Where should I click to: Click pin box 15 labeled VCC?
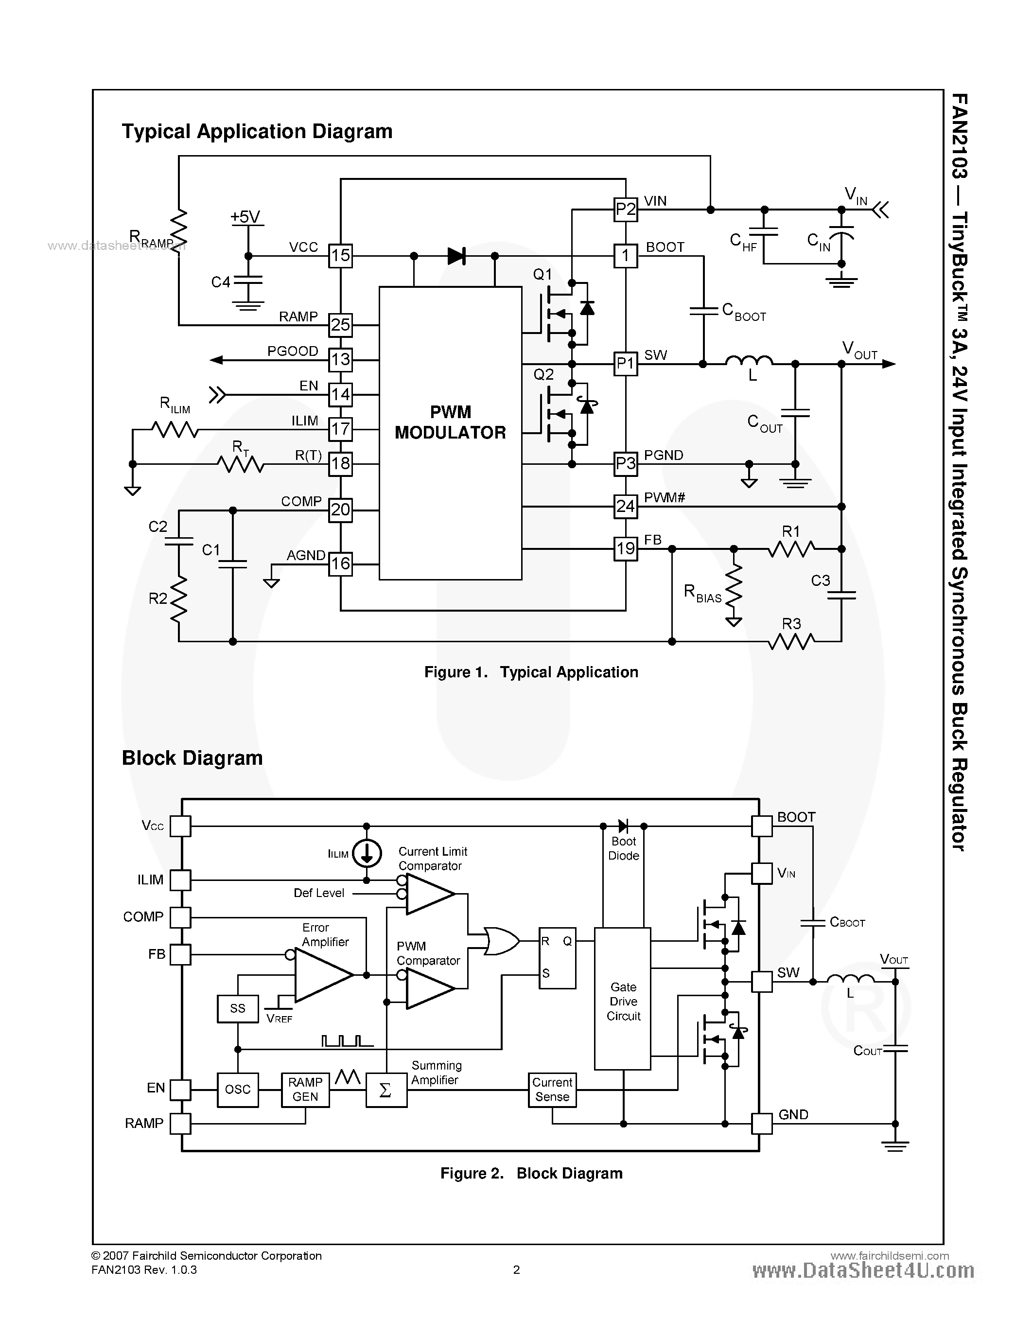(340, 255)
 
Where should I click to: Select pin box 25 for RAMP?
(340, 324)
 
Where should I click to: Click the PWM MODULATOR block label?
(451, 422)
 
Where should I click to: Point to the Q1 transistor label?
(542, 274)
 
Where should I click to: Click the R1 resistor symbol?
(791, 549)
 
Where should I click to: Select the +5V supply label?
(245, 217)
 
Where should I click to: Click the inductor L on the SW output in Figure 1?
(749, 362)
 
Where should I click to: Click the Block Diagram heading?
(192, 758)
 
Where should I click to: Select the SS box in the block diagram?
(237, 1008)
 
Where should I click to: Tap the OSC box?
(237, 1089)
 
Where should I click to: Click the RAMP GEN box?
(305, 1089)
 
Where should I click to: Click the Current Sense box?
(552, 1089)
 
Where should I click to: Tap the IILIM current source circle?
(367, 853)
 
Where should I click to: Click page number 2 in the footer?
(516, 1269)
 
